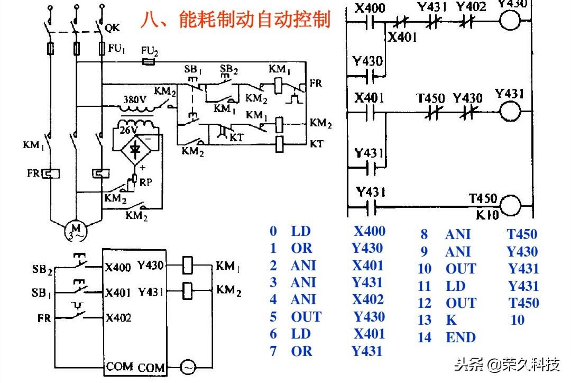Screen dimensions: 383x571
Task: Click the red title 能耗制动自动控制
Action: pos(236,20)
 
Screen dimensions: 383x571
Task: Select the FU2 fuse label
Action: pos(150,51)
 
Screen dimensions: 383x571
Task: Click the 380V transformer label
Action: pos(134,99)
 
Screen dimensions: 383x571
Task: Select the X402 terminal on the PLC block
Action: pos(118,317)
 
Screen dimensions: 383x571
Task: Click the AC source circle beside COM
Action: pos(188,366)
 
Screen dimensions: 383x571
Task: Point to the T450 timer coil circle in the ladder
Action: pos(510,205)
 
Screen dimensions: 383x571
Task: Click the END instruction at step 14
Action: pos(461,337)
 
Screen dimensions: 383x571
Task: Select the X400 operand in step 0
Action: pos(369,231)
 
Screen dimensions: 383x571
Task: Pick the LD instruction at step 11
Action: pos(455,286)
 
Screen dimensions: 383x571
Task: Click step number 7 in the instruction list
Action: pos(273,351)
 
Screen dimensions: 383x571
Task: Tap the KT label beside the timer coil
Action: pos(317,143)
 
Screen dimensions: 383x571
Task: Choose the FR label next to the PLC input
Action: pos(44,318)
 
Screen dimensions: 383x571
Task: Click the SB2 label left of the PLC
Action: pos(42,270)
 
